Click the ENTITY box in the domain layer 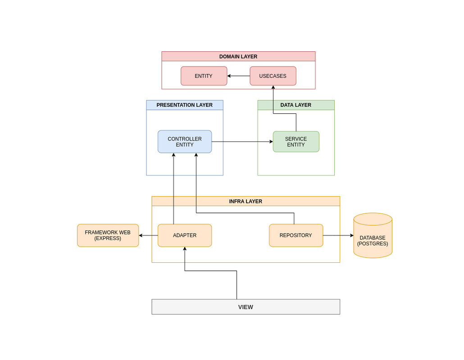click(204, 76)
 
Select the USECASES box click(273, 76)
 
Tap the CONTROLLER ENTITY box click(185, 142)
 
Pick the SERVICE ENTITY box click(296, 142)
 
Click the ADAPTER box click(185, 235)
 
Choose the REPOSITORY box click(296, 235)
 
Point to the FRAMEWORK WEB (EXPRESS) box click(108, 235)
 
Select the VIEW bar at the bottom click(246, 307)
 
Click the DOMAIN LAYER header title click(238, 57)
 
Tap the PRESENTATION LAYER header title click(185, 105)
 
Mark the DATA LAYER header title click(296, 105)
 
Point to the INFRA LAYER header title click(246, 202)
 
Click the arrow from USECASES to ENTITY click(239, 76)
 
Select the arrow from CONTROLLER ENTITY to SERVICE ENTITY click(242, 142)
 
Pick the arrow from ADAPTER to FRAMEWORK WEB click(148, 235)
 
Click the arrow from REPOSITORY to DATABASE click(338, 235)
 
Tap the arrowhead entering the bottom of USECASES click(273, 88)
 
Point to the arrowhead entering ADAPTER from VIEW click(185, 249)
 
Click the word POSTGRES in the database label click(373, 244)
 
